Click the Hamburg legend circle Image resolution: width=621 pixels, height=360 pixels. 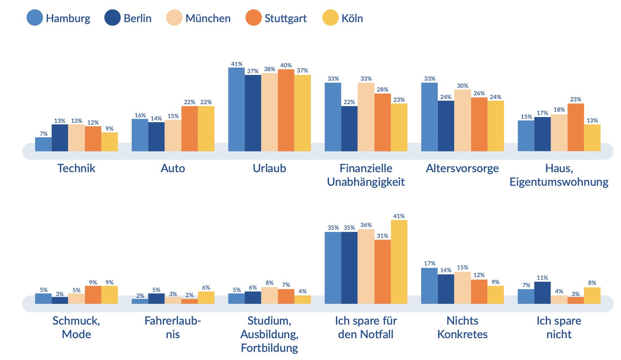[x=35, y=18]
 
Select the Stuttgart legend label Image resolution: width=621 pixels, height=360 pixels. [x=285, y=18]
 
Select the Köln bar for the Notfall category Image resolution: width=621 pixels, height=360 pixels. [x=399, y=262]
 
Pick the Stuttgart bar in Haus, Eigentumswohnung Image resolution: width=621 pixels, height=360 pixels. [x=576, y=128]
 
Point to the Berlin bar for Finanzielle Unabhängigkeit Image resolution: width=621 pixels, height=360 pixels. [x=349, y=129]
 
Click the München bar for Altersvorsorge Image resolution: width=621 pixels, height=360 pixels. [x=462, y=120]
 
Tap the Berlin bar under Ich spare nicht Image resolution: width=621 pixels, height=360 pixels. [x=542, y=293]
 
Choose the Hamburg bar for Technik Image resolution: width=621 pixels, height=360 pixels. [x=43, y=144]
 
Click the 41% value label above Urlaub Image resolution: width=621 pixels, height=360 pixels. [x=237, y=64]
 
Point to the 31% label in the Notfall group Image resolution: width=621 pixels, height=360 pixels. [x=382, y=236]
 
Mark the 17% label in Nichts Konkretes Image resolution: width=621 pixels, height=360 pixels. [x=430, y=263]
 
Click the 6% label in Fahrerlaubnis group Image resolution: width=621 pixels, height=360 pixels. [x=206, y=288]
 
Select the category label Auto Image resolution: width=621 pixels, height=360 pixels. [x=173, y=168]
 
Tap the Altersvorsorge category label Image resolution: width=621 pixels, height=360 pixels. [x=462, y=168]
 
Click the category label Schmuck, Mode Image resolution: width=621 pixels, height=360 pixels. [x=76, y=327]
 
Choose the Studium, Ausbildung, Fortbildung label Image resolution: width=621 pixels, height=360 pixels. [x=269, y=334]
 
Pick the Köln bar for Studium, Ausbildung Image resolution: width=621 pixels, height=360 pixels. [x=303, y=299]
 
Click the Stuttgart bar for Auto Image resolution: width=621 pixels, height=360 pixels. [x=189, y=129]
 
